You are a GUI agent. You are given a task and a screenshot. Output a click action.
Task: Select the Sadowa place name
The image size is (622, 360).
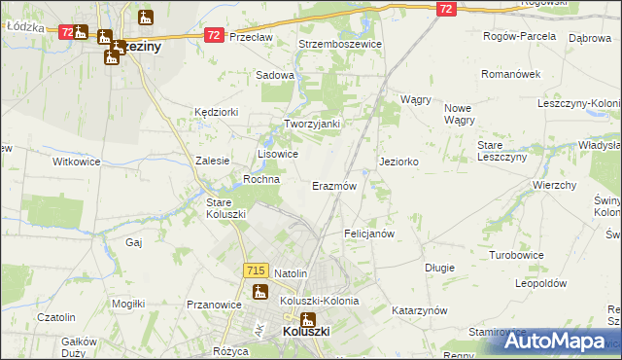pos(275,74)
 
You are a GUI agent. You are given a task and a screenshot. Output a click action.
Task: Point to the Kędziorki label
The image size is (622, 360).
pos(216,112)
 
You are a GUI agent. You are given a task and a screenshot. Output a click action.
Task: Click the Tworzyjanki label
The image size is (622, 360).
pos(311,124)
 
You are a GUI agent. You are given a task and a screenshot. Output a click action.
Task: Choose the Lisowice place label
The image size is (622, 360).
pos(277,154)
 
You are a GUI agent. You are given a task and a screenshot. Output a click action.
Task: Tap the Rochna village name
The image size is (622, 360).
pos(261,179)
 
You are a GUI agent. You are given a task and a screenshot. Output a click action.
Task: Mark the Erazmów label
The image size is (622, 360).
pos(334,185)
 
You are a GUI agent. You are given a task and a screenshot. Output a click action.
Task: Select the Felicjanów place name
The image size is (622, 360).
pos(369,234)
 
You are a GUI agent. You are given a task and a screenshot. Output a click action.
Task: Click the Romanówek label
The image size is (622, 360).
pos(513,74)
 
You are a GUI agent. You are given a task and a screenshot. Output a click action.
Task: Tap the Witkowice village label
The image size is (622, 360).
pos(77,162)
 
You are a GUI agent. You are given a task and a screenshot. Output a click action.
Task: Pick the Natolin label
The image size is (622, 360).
pos(291,273)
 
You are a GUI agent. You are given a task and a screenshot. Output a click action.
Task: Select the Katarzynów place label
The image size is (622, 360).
pos(419,310)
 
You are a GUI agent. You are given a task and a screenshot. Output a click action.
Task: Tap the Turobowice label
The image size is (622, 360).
pos(516,254)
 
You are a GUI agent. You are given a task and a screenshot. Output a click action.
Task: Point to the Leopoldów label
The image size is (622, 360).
pos(540,283)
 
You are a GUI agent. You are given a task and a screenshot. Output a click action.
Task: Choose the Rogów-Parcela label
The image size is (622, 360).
pos(519,35)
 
